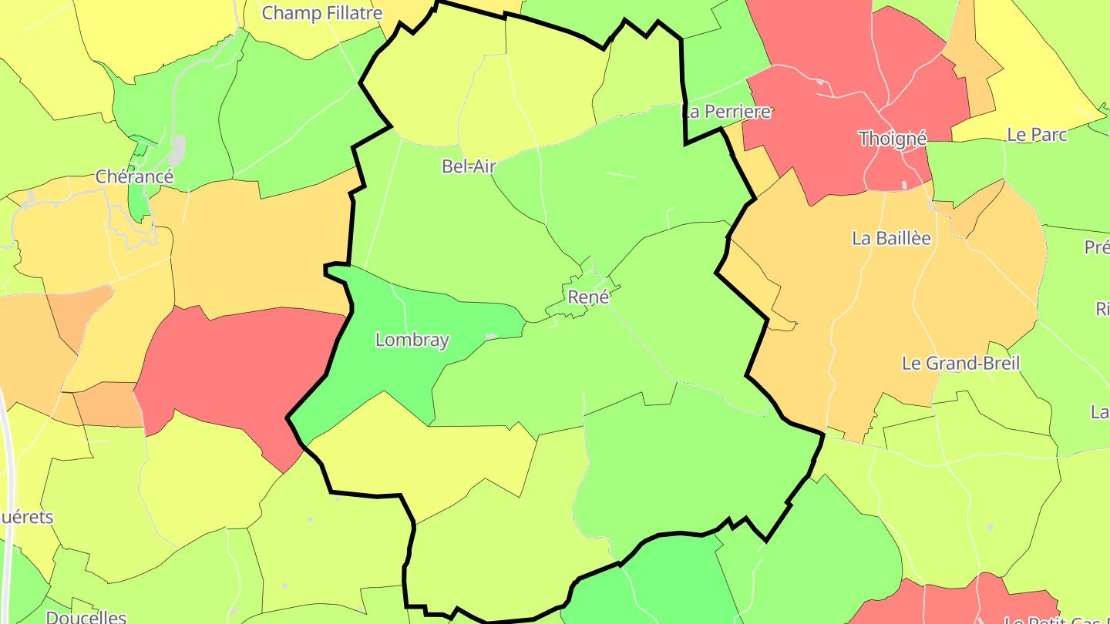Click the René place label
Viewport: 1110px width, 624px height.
click(x=588, y=297)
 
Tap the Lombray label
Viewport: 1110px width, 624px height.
click(x=412, y=340)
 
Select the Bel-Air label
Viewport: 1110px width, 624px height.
click(x=469, y=166)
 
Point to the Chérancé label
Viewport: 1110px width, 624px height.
click(x=134, y=176)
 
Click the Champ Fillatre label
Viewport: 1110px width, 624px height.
click(x=322, y=13)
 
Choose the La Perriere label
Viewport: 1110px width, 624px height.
click(x=726, y=112)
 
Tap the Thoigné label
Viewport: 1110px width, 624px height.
click(x=893, y=138)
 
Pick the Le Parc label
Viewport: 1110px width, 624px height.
click(x=1037, y=135)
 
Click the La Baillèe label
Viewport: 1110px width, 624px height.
click(x=891, y=238)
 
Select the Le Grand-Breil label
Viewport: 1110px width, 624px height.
click(x=960, y=363)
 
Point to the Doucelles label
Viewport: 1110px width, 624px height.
click(x=86, y=616)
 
